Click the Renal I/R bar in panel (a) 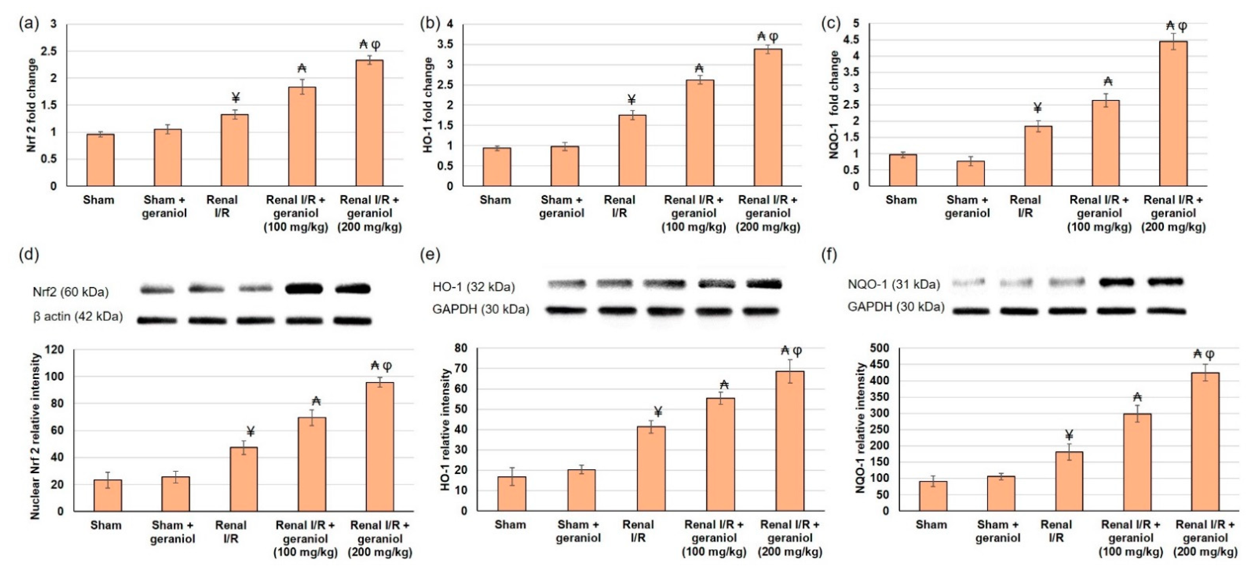[x=235, y=150]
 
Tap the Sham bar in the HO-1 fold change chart [x=497, y=167]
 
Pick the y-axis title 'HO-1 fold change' [x=427, y=105]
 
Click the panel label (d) [x=28, y=254]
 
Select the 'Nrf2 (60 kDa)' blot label [x=71, y=292]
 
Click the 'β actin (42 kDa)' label [x=77, y=316]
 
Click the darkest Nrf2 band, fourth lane [x=304, y=289]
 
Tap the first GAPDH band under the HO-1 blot [x=567, y=310]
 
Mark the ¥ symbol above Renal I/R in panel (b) [x=631, y=100]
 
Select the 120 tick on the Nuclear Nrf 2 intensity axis [x=54, y=350]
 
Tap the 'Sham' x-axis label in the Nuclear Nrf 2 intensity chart [x=106, y=525]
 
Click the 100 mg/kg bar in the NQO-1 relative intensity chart [x=1137, y=462]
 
